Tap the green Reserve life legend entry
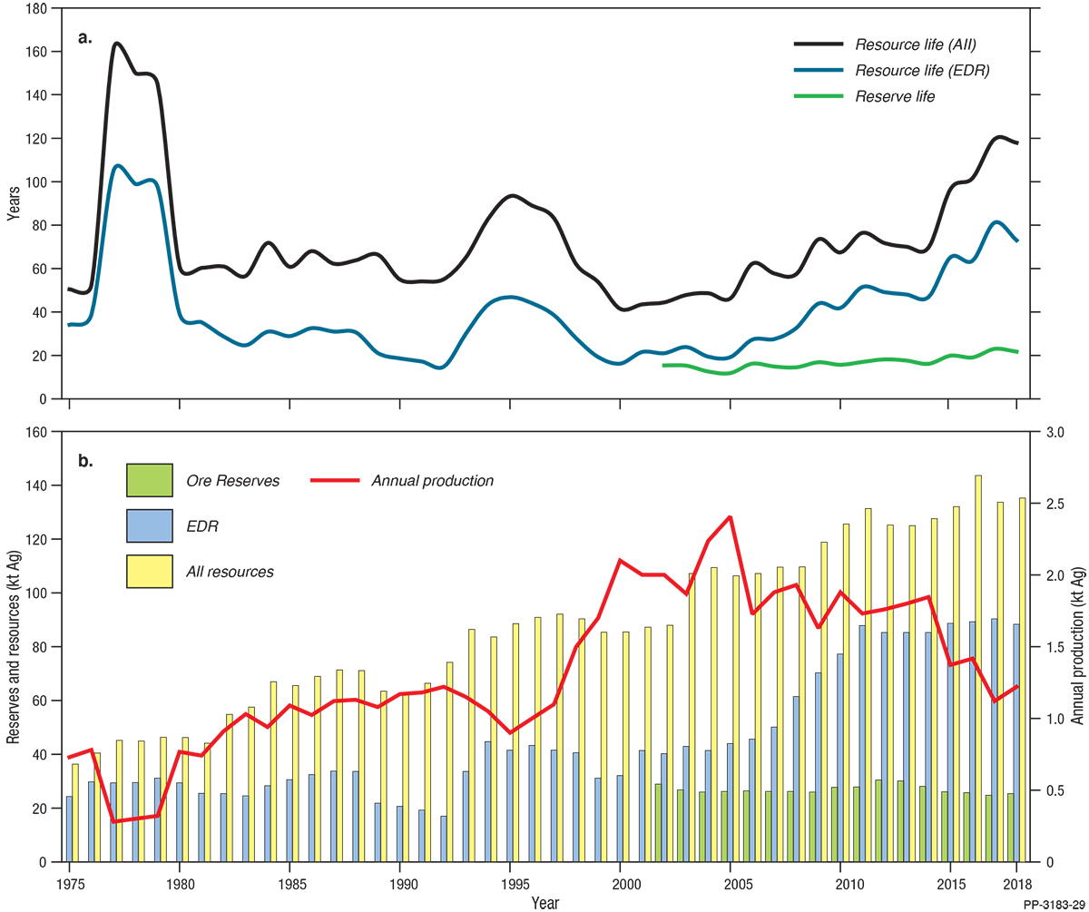coord(895,97)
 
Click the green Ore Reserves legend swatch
coord(150,481)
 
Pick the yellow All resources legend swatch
coord(150,572)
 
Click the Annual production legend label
coord(432,481)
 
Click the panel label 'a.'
coord(85,38)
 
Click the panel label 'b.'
coord(85,461)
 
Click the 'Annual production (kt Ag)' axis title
coord(1077,647)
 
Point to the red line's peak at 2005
coord(730,517)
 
